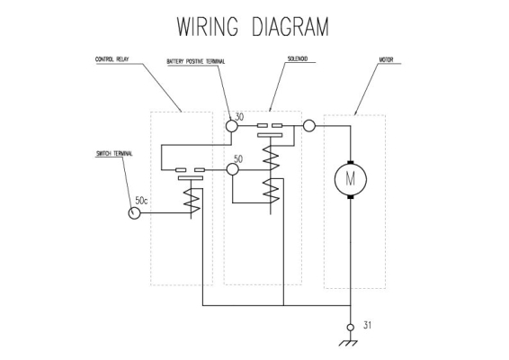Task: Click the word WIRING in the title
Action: (x=208, y=26)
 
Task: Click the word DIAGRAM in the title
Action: (x=290, y=26)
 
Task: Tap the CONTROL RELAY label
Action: (x=112, y=59)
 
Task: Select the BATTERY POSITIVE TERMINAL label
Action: (x=196, y=61)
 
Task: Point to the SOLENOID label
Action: (x=298, y=58)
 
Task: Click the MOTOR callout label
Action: (x=386, y=59)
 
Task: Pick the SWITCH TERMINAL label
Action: (x=114, y=154)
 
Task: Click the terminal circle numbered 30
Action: (x=232, y=126)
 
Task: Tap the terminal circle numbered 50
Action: (x=232, y=169)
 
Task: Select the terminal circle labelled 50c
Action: (x=134, y=213)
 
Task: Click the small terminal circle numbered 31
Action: (x=351, y=328)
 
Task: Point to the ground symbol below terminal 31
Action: (x=348, y=343)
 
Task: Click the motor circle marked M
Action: (x=351, y=180)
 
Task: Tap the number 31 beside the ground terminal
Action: (x=367, y=325)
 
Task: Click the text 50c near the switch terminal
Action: (x=141, y=201)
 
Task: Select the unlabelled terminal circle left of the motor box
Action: (x=309, y=126)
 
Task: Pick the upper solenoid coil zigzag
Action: (x=271, y=157)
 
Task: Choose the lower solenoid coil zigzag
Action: (x=271, y=191)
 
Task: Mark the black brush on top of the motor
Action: (x=351, y=163)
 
